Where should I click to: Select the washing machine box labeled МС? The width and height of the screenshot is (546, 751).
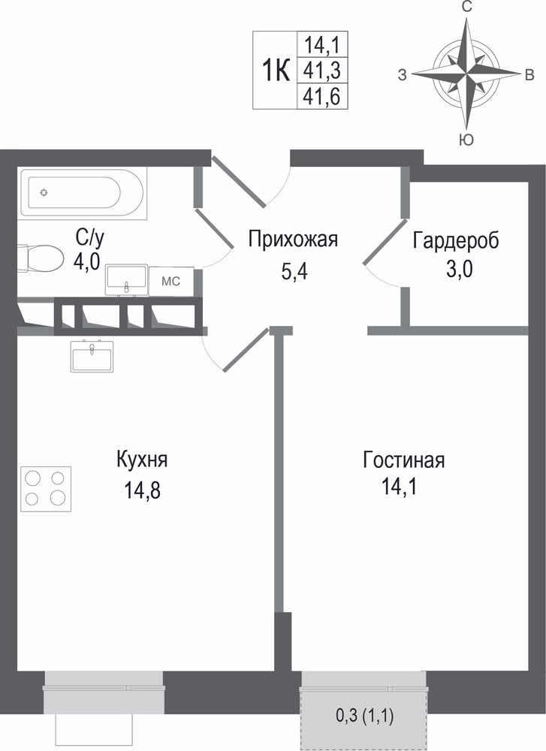(171, 281)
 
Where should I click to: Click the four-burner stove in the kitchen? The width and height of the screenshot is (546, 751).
(46, 489)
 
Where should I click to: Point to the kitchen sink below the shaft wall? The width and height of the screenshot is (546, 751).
(92, 356)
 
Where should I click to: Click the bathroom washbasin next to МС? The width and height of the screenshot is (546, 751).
(126, 279)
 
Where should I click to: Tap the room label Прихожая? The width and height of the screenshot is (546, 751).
(293, 239)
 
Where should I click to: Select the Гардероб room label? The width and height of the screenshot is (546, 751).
(456, 240)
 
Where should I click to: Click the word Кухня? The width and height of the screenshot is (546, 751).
(142, 460)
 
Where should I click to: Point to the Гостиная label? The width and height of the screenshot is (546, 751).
(404, 460)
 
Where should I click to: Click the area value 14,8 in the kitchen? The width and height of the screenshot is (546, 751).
(142, 490)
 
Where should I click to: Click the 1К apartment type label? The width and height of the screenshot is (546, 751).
(276, 71)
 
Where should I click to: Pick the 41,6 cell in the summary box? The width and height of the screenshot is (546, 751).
(322, 97)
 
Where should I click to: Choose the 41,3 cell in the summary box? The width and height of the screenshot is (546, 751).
(322, 71)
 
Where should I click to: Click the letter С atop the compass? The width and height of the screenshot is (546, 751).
(467, 7)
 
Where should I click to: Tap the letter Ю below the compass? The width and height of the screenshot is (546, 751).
(466, 140)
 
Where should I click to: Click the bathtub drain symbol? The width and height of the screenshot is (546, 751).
(44, 192)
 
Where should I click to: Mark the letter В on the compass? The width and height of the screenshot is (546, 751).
(529, 74)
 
